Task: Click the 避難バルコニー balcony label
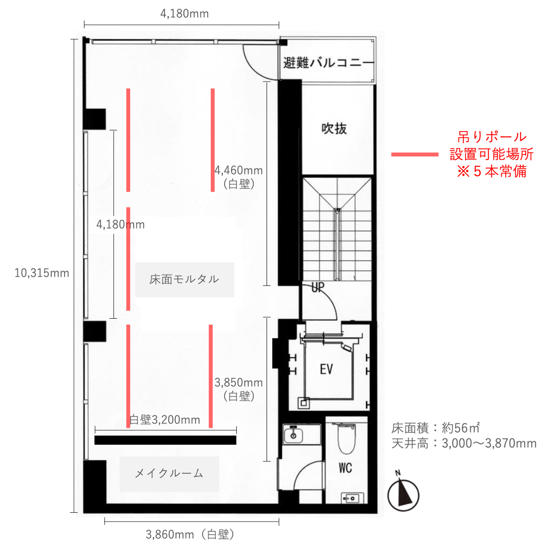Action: [x=328, y=63]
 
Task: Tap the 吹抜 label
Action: [x=334, y=129]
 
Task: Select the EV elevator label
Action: [x=326, y=370]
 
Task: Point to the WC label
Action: [x=345, y=468]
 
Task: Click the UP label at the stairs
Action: [x=318, y=287]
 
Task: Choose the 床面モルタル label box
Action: [x=184, y=280]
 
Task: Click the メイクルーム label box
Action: [x=169, y=474]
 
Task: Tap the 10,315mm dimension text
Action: [x=41, y=273]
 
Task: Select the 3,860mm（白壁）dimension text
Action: [x=190, y=534]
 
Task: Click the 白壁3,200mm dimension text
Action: [x=164, y=419]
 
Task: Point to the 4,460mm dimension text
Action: [x=239, y=171]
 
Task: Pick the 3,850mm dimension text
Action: [x=239, y=383]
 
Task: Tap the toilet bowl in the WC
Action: [x=347, y=439]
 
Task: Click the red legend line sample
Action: [x=415, y=154]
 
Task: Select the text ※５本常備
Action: [x=492, y=171]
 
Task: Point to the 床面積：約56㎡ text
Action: [x=435, y=428]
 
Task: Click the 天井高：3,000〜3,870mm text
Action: [x=464, y=443]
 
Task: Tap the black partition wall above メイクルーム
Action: [x=165, y=440]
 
